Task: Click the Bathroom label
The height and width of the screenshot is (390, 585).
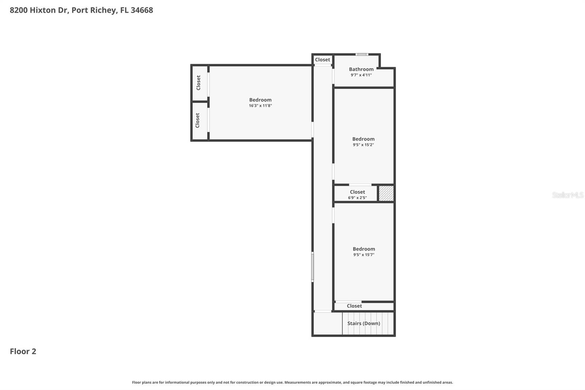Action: click(361, 69)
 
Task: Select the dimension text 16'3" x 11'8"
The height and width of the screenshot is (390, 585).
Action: click(260, 106)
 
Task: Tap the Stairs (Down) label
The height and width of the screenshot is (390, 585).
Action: click(363, 323)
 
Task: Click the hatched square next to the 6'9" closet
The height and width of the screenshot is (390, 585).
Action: click(386, 194)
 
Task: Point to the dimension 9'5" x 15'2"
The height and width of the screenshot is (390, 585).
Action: click(363, 145)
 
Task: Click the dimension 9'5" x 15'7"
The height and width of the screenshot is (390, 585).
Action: click(363, 255)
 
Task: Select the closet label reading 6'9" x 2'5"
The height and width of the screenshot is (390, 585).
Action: click(357, 198)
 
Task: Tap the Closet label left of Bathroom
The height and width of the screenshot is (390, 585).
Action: click(322, 60)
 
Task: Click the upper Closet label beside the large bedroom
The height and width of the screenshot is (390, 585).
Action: click(199, 83)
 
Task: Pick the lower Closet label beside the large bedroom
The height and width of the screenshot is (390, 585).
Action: click(198, 120)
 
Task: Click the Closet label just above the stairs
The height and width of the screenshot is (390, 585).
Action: click(354, 306)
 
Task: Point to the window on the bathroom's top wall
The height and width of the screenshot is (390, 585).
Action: click(362, 55)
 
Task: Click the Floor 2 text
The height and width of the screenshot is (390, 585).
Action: click(23, 351)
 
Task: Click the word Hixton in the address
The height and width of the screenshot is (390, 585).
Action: click(43, 10)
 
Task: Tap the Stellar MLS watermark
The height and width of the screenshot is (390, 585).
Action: click(567, 195)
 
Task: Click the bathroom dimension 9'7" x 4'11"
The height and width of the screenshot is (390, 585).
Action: click(361, 75)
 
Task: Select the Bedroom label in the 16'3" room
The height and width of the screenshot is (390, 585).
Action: click(260, 100)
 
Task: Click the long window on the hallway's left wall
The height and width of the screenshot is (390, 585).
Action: click(312, 267)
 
